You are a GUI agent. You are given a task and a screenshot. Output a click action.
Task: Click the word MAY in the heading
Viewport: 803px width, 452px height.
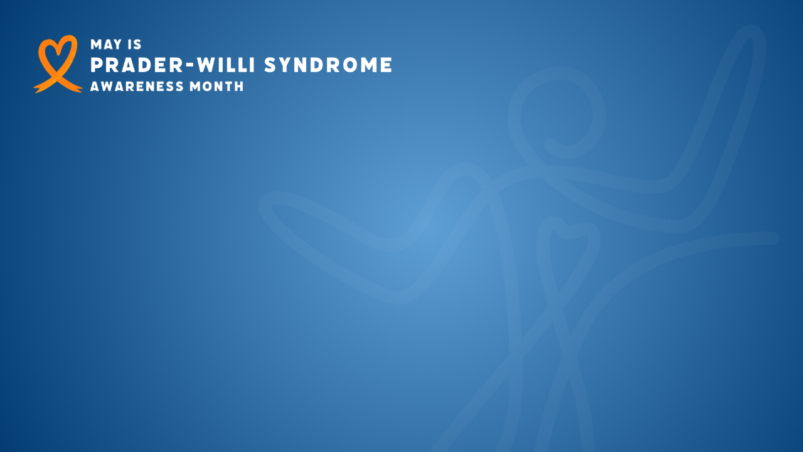click(x=106, y=45)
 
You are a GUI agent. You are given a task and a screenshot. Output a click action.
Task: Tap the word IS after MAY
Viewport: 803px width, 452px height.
click(x=134, y=45)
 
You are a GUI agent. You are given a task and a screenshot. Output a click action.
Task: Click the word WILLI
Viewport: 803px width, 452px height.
click(x=226, y=65)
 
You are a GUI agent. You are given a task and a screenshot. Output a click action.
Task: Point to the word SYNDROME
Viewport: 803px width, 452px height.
click(x=328, y=65)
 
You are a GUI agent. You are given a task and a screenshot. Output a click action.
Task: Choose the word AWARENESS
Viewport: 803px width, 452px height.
click(x=137, y=87)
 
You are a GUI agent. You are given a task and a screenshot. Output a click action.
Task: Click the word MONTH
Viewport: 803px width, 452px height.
click(x=216, y=87)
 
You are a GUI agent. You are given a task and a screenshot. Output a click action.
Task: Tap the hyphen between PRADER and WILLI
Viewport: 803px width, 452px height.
click(x=191, y=66)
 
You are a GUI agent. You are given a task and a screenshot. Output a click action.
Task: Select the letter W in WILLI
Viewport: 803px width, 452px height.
click(x=208, y=65)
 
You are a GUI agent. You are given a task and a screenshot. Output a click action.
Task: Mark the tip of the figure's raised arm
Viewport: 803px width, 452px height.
click(x=753, y=31)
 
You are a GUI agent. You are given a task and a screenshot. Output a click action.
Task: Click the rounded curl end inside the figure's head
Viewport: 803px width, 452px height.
click(x=550, y=145)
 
